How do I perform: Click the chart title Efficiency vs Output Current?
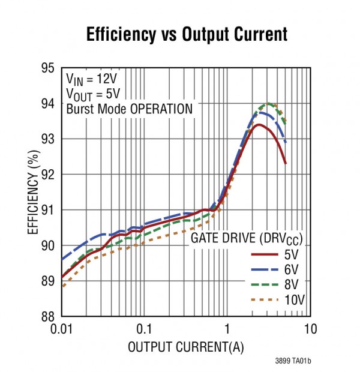(x=187, y=34)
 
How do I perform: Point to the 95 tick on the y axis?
(x=48, y=68)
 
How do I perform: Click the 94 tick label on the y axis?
(x=48, y=103)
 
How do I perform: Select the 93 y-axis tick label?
(x=48, y=139)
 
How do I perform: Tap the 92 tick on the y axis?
(x=48, y=174)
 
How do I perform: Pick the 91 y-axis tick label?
(x=48, y=209)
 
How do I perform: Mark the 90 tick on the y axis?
(x=48, y=245)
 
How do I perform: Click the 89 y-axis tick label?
(x=48, y=281)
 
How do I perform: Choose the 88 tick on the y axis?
(x=48, y=316)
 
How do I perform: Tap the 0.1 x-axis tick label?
(x=144, y=329)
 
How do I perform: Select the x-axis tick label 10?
(x=310, y=329)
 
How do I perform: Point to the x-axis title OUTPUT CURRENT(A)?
(x=185, y=347)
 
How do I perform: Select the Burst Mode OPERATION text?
(x=129, y=109)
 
